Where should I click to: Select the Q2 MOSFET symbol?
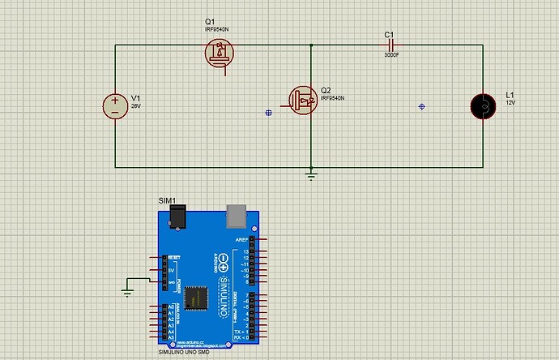tap(303, 99)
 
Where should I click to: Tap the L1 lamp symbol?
tap(484, 105)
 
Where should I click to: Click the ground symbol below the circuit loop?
tap(311, 173)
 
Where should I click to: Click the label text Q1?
tap(209, 21)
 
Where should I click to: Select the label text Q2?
tap(326, 89)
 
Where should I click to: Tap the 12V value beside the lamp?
tap(510, 103)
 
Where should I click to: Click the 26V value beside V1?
tap(136, 105)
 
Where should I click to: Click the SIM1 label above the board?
tap(166, 199)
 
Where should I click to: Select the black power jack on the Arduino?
tap(177, 216)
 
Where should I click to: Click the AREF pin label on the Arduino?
tap(242, 241)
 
